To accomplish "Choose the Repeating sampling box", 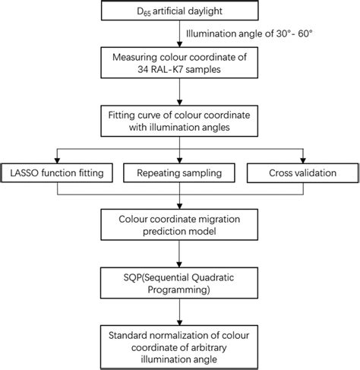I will [180, 174].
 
